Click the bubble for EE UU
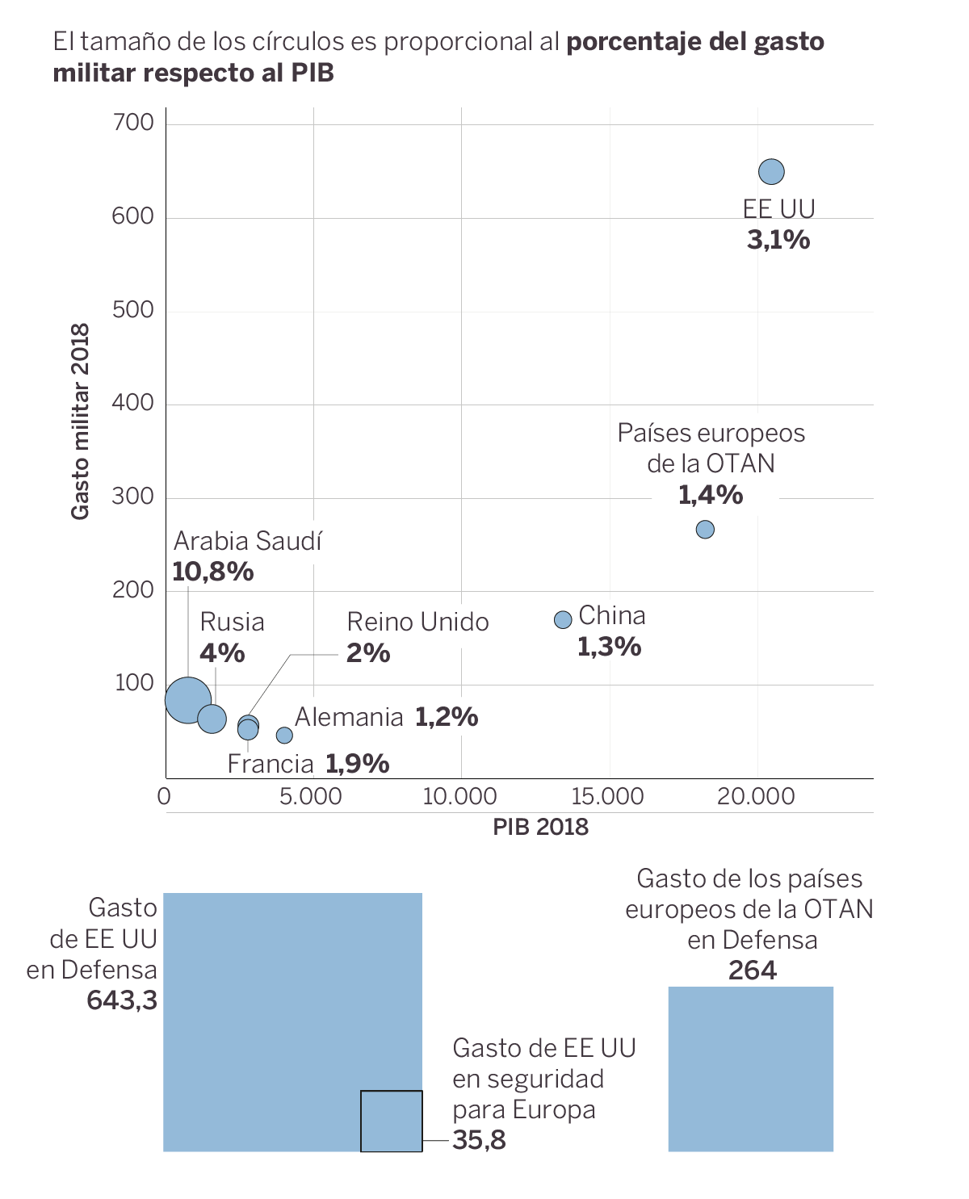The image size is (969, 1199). [771, 172]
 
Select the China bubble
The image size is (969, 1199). [563, 619]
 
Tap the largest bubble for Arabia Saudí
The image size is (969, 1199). [187, 700]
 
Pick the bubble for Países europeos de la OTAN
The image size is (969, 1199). [705, 530]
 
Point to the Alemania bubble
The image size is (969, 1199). [284, 735]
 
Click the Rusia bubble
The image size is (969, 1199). [212, 718]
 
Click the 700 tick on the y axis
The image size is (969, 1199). [134, 123]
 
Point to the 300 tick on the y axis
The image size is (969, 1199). [134, 497]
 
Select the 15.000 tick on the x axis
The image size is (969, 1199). [607, 797]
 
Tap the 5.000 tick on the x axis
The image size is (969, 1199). [311, 797]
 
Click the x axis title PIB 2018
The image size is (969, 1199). [540, 828]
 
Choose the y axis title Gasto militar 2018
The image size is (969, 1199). [80, 421]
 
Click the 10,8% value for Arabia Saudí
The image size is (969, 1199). [213, 572]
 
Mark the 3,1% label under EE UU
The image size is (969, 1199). [778, 240]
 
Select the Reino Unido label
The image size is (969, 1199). [417, 622]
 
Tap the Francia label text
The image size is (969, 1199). [271, 764]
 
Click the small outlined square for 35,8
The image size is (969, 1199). [391, 1121]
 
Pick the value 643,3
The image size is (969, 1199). [122, 1001]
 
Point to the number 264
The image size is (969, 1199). [752, 971]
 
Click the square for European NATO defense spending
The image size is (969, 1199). [750, 1069]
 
